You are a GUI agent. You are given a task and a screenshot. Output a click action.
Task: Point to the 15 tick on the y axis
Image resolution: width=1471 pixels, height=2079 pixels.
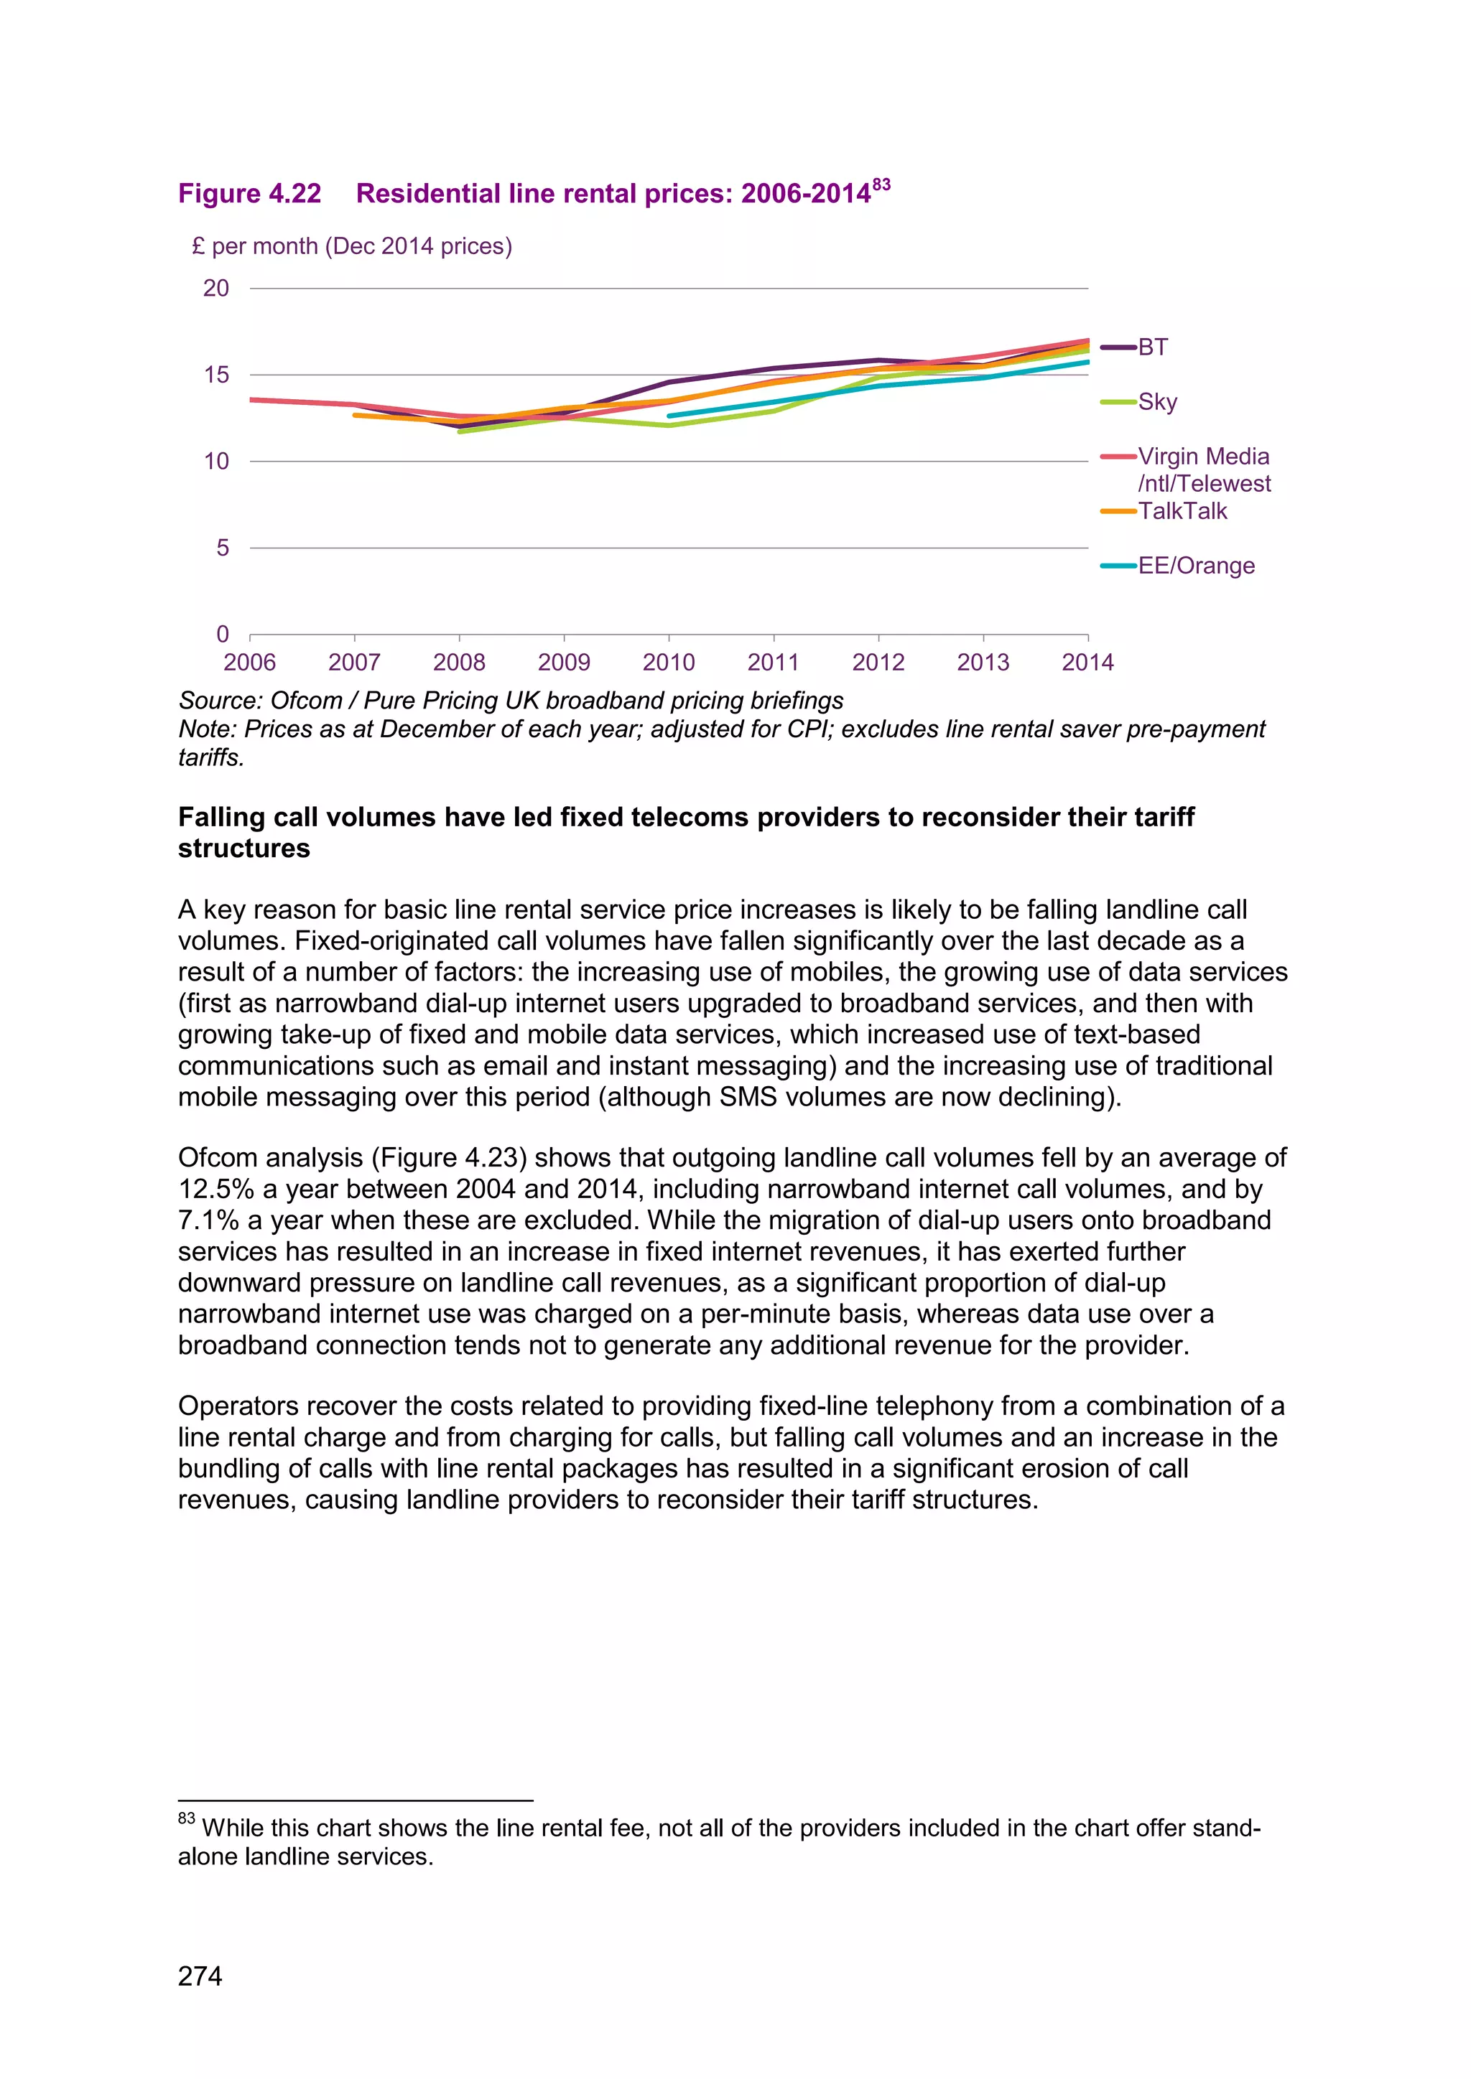pyautogui.click(x=216, y=375)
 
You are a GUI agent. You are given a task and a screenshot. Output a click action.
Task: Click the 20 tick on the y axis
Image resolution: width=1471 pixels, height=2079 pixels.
pyautogui.click(x=216, y=288)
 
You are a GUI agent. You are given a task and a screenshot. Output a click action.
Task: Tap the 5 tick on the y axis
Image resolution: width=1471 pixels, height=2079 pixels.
pyautogui.click(x=223, y=548)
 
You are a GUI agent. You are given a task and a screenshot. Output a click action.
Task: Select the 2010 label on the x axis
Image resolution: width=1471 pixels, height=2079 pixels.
pyautogui.click(x=669, y=663)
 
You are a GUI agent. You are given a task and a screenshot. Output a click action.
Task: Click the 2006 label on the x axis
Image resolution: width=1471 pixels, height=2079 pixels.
pyautogui.click(x=249, y=663)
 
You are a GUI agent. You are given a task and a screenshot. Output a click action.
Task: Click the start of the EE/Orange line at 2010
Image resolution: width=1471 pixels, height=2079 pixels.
pyautogui.click(x=669, y=416)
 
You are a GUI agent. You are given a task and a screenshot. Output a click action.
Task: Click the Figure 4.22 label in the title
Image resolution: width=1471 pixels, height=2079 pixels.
pyautogui.click(x=249, y=194)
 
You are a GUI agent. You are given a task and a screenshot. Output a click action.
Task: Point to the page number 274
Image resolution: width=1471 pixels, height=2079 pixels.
pyautogui.click(x=200, y=1975)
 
